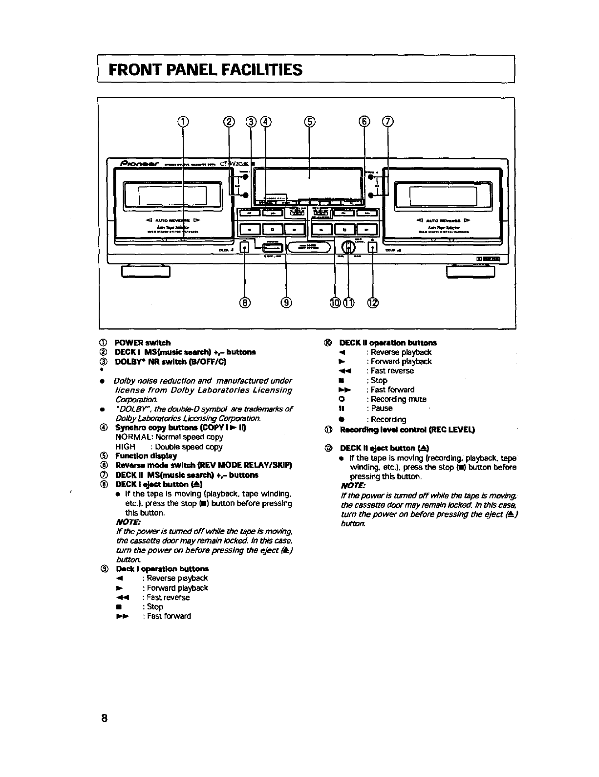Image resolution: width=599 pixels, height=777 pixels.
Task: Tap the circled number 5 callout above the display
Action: tap(309, 122)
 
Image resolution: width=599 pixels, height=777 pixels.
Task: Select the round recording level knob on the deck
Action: tap(348, 247)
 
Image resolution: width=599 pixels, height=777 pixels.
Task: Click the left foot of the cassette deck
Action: tap(146, 271)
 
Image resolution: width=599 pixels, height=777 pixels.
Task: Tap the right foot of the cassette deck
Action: tap(471, 271)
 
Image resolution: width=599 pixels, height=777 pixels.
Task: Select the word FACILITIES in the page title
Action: tap(262, 70)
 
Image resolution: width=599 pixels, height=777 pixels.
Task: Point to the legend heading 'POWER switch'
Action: tap(143, 343)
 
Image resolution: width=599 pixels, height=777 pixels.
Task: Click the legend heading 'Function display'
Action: tap(146, 456)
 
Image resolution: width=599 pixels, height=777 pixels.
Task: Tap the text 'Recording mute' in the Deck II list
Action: tap(399, 399)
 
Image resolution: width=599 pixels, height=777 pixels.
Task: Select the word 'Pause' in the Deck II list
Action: tap(382, 409)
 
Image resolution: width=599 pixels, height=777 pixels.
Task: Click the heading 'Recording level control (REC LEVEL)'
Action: tap(407, 430)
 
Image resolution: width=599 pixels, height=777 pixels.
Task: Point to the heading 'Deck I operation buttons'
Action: tap(162, 569)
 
